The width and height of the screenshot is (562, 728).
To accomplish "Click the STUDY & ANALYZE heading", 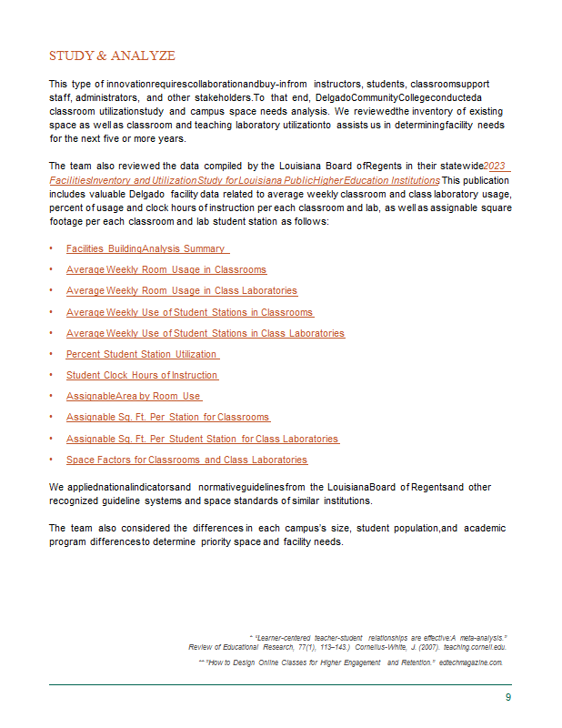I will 112,56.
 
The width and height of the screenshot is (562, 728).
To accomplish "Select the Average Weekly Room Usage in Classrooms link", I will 166,269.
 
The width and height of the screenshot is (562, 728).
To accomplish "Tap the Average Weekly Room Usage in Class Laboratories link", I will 181,290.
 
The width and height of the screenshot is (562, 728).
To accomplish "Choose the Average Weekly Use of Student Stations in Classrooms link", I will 189,312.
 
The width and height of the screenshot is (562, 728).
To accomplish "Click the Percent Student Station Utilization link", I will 142,354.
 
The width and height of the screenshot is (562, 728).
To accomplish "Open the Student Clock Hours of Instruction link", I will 142,375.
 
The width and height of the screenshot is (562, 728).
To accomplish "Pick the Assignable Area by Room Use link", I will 133,396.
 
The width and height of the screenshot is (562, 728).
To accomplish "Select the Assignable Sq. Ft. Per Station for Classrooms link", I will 167,417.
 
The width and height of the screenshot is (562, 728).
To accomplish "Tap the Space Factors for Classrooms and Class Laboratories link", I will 186,460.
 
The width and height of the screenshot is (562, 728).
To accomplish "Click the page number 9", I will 508,697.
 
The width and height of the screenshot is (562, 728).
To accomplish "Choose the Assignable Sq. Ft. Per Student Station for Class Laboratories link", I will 202,439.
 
